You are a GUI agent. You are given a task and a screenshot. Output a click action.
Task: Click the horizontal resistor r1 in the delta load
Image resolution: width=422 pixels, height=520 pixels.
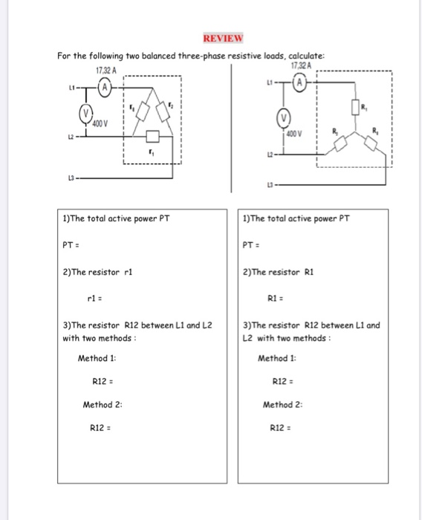[x=153, y=136]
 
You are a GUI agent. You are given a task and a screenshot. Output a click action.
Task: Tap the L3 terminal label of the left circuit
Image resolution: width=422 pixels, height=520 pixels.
[x=71, y=178]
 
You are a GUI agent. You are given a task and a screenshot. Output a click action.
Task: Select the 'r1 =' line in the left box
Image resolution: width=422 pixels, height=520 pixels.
[x=97, y=299]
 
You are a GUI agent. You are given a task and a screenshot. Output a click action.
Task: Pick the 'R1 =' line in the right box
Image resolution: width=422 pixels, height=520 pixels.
[x=276, y=299]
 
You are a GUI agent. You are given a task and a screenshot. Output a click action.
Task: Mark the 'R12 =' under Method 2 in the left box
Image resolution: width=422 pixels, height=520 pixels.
[x=100, y=429]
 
